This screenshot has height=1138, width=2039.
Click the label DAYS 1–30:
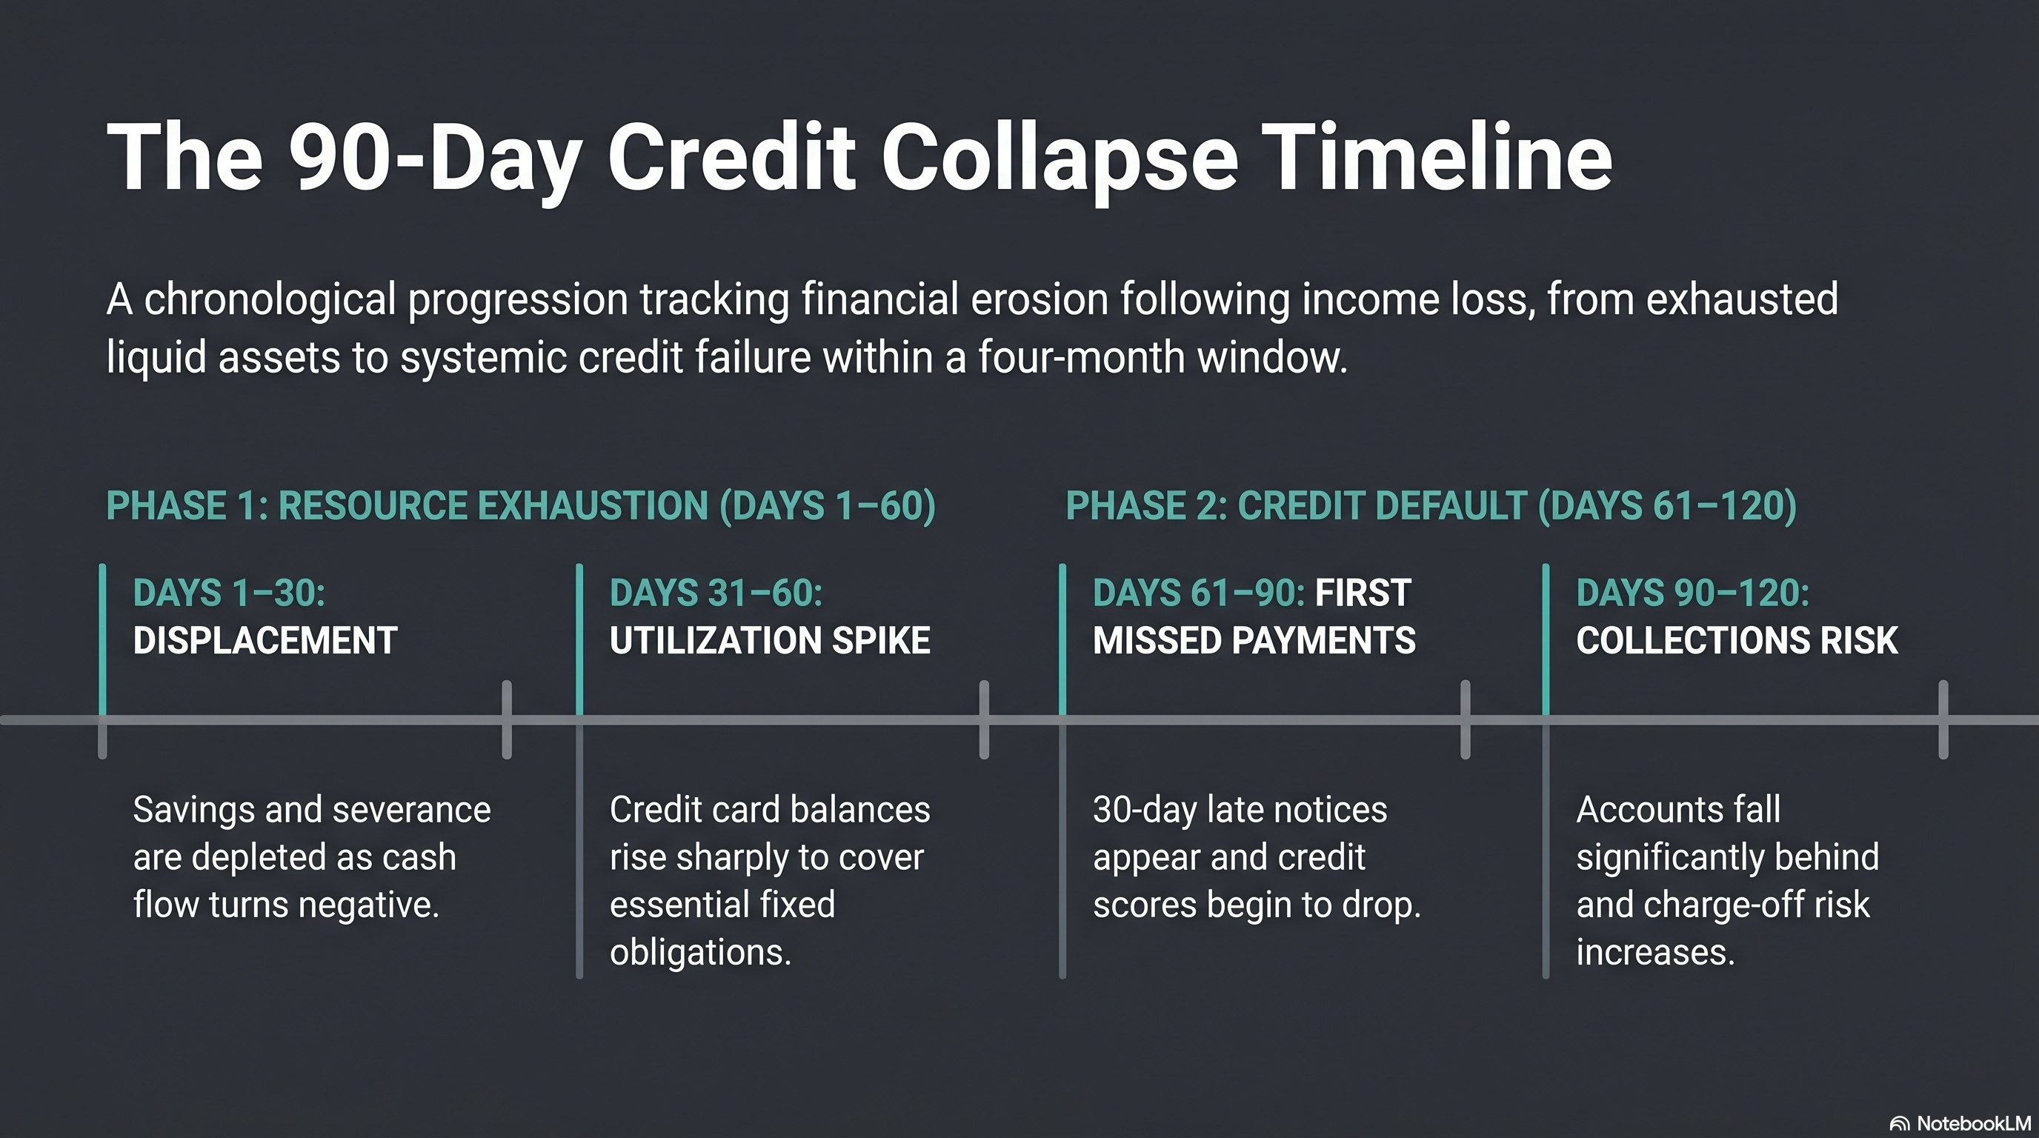click(229, 593)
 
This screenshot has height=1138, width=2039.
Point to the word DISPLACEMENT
click(265, 640)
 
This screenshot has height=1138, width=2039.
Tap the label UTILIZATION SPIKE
click(769, 640)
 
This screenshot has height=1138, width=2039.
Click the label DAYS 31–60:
click(716, 593)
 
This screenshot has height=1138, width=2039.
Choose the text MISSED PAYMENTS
click(1254, 640)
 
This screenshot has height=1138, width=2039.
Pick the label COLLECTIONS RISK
click(1737, 640)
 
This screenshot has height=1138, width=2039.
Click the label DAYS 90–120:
click(1692, 593)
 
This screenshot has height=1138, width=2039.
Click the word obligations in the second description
click(699, 951)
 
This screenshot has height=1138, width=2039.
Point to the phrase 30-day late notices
click(1240, 810)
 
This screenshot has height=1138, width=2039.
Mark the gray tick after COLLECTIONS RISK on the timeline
click(1943, 719)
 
